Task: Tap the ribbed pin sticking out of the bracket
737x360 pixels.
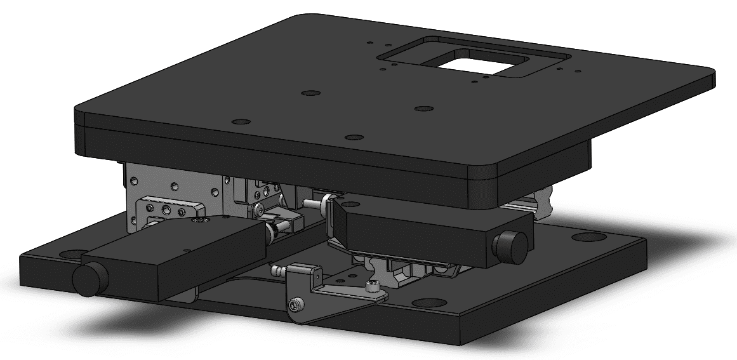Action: tap(277, 272)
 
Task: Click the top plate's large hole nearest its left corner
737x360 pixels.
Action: tap(239, 121)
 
